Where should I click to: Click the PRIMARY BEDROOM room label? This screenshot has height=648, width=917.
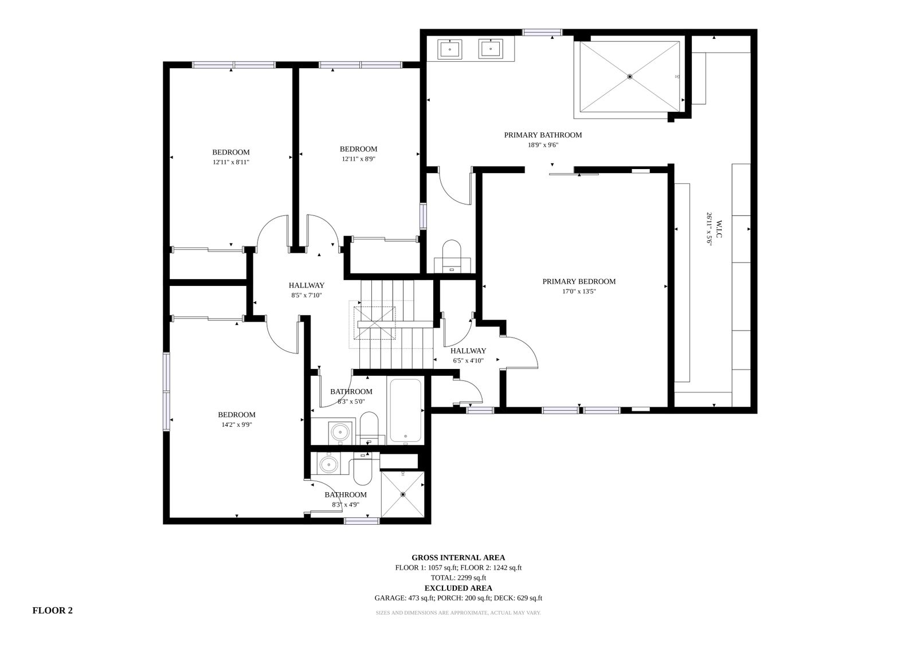click(x=579, y=282)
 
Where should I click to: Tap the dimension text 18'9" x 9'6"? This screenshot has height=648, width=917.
click(x=543, y=145)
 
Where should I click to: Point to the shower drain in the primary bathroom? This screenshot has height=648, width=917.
click(x=630, y=77)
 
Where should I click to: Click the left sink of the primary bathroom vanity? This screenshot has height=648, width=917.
click(x=449, y=49)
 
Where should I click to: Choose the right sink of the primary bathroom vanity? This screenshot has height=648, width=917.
click(x=491, y=49)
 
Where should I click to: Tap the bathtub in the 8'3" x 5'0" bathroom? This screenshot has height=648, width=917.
click(x=405, y=410)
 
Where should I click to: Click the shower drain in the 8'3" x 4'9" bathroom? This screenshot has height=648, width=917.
click(x=403, y=494)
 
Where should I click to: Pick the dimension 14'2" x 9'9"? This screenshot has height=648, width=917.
click(x=237, y=425)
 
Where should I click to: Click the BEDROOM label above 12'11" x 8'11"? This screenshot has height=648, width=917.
click(x=231, y=152)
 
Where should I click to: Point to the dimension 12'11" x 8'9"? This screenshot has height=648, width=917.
click(x=359, y=159)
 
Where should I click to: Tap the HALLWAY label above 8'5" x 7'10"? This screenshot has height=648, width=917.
click(x=307, y=285)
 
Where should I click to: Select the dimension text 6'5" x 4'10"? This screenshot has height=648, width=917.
click(x=468, y=360)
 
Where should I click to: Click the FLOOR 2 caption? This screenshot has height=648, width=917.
click(x=52, y=610)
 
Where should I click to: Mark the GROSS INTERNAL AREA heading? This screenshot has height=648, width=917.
click(x=458, y=557)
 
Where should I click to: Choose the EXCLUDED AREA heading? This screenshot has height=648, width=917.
click(x=458, y=588)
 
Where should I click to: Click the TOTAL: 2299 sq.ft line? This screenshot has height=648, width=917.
click(x=458, y=578)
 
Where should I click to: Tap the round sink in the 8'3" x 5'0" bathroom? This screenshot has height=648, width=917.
click(x=340, y=431)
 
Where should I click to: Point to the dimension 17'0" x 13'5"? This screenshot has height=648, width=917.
click(x=579, y=292)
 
